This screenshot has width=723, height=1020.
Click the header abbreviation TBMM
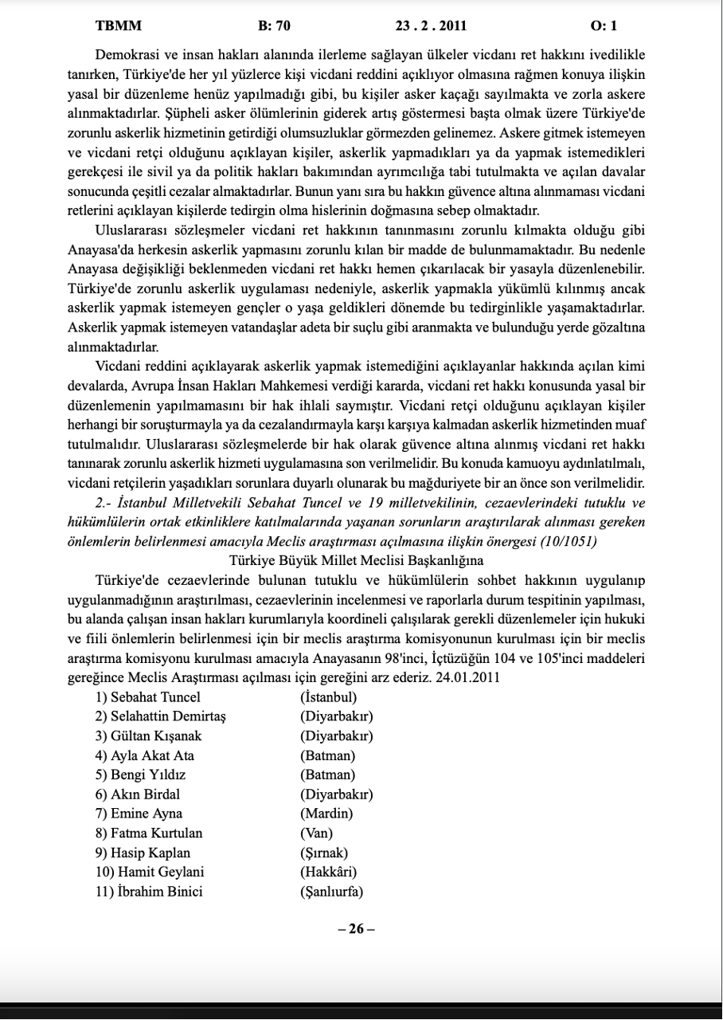(x=119, y=25)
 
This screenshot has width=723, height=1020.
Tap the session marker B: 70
(x=275, y=25)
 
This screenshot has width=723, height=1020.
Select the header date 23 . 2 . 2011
(x=431, y=25)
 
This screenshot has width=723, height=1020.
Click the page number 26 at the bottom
(x=356, y=929)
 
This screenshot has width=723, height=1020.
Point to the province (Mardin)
(x=326, y=814)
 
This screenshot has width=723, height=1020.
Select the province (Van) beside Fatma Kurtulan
(x=317, y=833)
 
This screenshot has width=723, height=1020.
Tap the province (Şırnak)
(x=324, y=853)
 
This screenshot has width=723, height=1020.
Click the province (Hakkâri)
(x=328, y=872)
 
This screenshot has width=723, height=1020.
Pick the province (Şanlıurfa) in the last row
(x=332, y=892)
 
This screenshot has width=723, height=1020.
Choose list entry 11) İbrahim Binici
(x=149, y=892)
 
